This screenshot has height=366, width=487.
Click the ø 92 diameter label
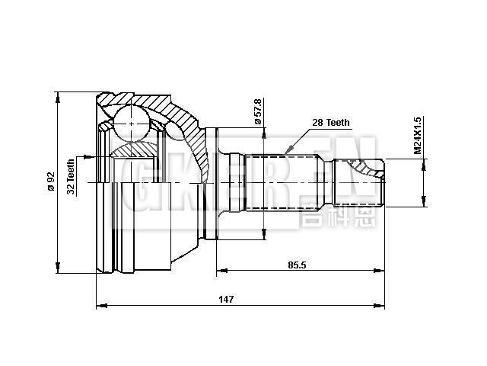(51, 181)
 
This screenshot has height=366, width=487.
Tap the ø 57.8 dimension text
(257, 111)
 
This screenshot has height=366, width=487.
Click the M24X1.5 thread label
(418, 136)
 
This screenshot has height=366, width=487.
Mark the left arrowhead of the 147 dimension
(100, 307)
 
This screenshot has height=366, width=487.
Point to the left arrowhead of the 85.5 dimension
(221, 271)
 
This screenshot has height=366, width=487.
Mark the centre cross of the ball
(132, 123)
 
